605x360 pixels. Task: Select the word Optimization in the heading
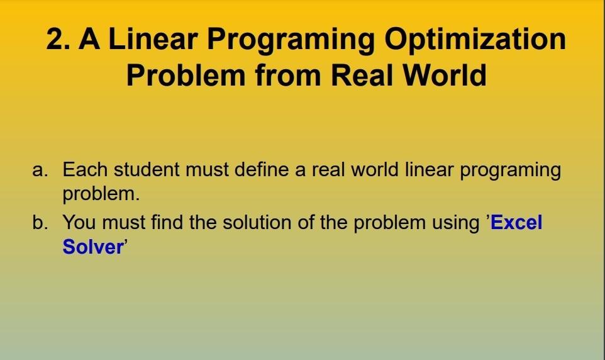coord(475,40)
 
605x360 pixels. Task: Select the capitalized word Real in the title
coord(362,76)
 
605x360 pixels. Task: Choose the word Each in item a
coord(84,170)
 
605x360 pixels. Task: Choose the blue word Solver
coord(92,247)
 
